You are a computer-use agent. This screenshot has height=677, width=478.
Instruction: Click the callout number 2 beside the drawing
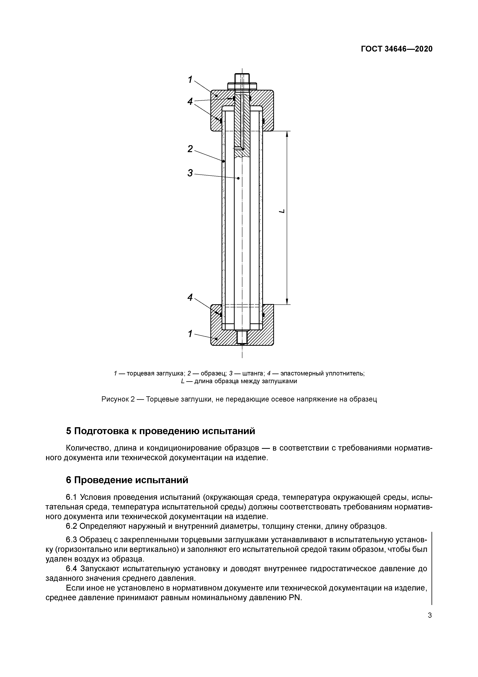tap(190, 149)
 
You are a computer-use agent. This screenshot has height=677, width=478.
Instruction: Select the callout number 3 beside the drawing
tap(190, 173)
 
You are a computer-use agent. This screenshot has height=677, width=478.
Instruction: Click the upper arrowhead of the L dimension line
tap(287, 134)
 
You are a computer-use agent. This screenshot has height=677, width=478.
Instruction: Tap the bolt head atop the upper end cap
tap(242, 78)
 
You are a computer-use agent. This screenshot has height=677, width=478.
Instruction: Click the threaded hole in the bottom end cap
tap(242, 337)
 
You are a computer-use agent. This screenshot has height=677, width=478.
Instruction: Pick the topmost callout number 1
tap(190, 79)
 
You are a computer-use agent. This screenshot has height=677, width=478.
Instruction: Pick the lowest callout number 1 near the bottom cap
tap(190, 334)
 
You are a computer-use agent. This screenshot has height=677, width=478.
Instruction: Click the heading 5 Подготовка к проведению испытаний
tap(160, 431)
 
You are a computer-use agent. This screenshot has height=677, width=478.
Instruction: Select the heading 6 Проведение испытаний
tap(127, 480)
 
